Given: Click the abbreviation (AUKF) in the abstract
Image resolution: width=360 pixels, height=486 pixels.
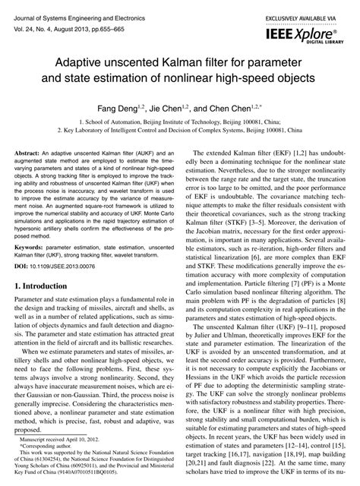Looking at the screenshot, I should point(137,154).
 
